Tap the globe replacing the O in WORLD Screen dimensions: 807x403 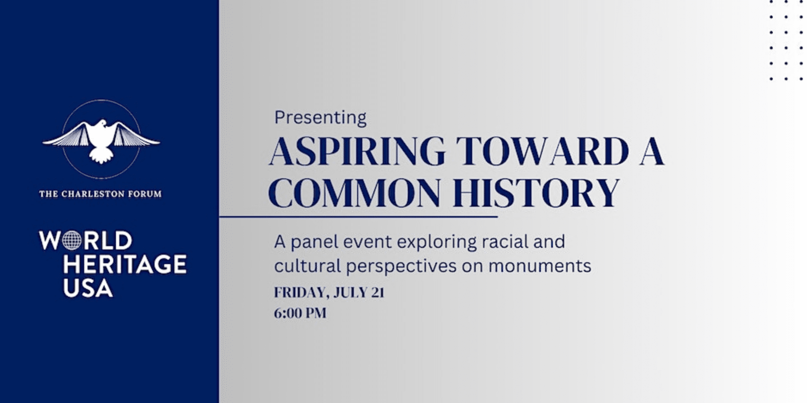[x=72, y=241]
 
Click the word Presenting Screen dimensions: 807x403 [x=320, y=117]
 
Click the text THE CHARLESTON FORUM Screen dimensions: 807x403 [x=100, y=194]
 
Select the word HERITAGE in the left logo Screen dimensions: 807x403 [x=125, y=264]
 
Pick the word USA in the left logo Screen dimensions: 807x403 [x=88, y=288]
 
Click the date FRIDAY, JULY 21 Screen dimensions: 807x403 [x=329, y=292]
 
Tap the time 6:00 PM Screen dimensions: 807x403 [x=300, y=313]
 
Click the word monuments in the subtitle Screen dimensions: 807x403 [x=540, y=266]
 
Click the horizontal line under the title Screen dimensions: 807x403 [x=358, y=217]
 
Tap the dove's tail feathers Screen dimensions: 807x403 [x=101, y=156]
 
